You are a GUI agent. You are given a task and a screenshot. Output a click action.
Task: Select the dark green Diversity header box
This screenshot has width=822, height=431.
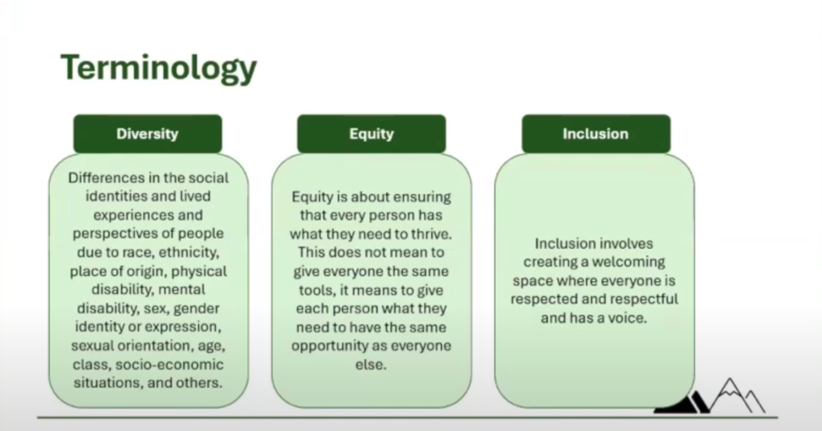[148, 134]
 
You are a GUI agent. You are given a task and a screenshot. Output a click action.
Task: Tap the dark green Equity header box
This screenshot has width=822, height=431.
[372, 134]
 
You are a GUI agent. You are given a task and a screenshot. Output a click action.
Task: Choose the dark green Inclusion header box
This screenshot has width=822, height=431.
[596, 134]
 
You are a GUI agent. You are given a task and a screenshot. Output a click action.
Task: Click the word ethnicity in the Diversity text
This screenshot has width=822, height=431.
[189, 253]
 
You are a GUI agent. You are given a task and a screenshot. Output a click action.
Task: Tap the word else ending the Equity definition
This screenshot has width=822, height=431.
[371, 365]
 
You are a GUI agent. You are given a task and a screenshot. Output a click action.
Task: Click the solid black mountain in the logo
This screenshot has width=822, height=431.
[681, 402]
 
